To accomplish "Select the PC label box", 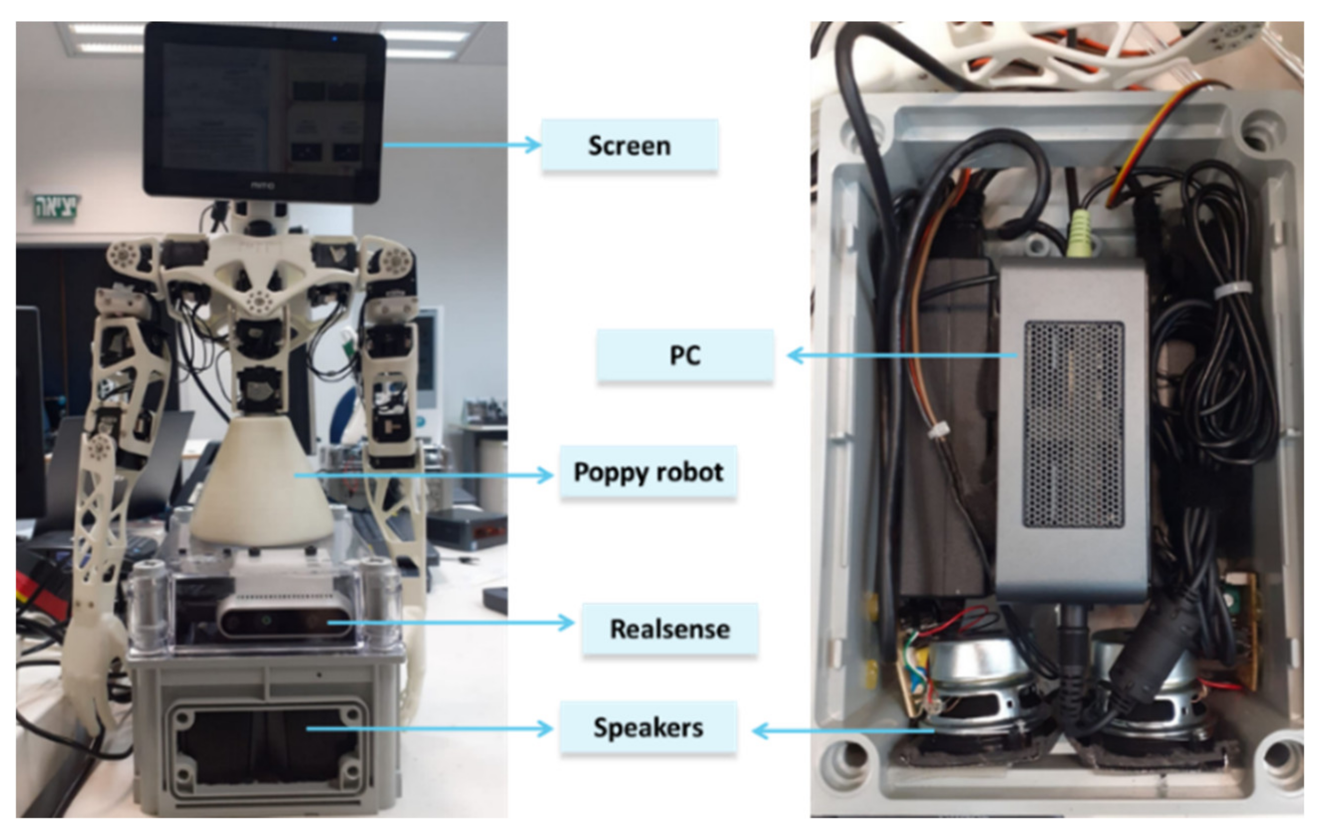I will coord(685,355).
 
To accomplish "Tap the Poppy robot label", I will coord(648,472).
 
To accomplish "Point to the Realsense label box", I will coord(669,629).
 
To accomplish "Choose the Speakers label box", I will coord(648,728).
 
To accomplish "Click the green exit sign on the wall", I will coord(55,207).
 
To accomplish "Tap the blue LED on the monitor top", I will coord(334,39).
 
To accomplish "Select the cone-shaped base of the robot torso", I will coord(262,485).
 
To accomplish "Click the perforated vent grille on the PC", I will coord(1073,424).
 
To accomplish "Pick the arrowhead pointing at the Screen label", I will coord(532,145).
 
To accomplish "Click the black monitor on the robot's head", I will coord(264,112).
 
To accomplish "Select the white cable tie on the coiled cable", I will coord(1232,290).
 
